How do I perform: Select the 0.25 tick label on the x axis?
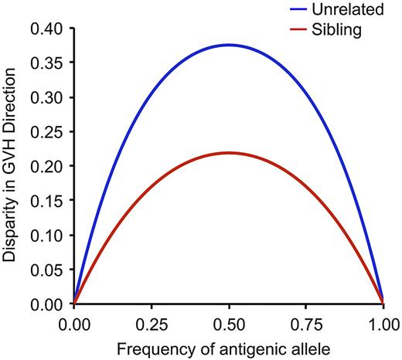click(151, 318)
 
